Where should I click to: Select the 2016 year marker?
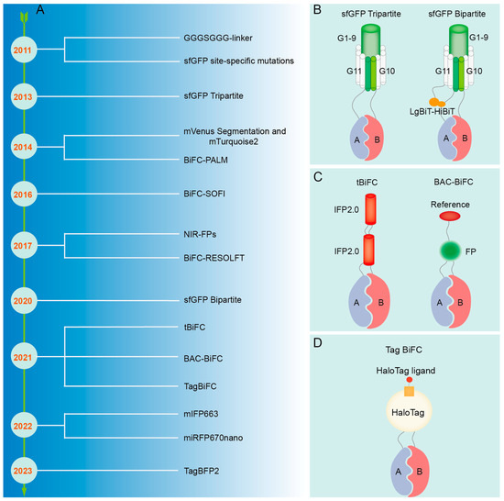(25, 195)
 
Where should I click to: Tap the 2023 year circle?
(25, 470)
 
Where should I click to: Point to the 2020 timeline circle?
(25, 299)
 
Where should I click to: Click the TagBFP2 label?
(203, 470)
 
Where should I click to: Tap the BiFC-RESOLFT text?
(217, 260)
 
